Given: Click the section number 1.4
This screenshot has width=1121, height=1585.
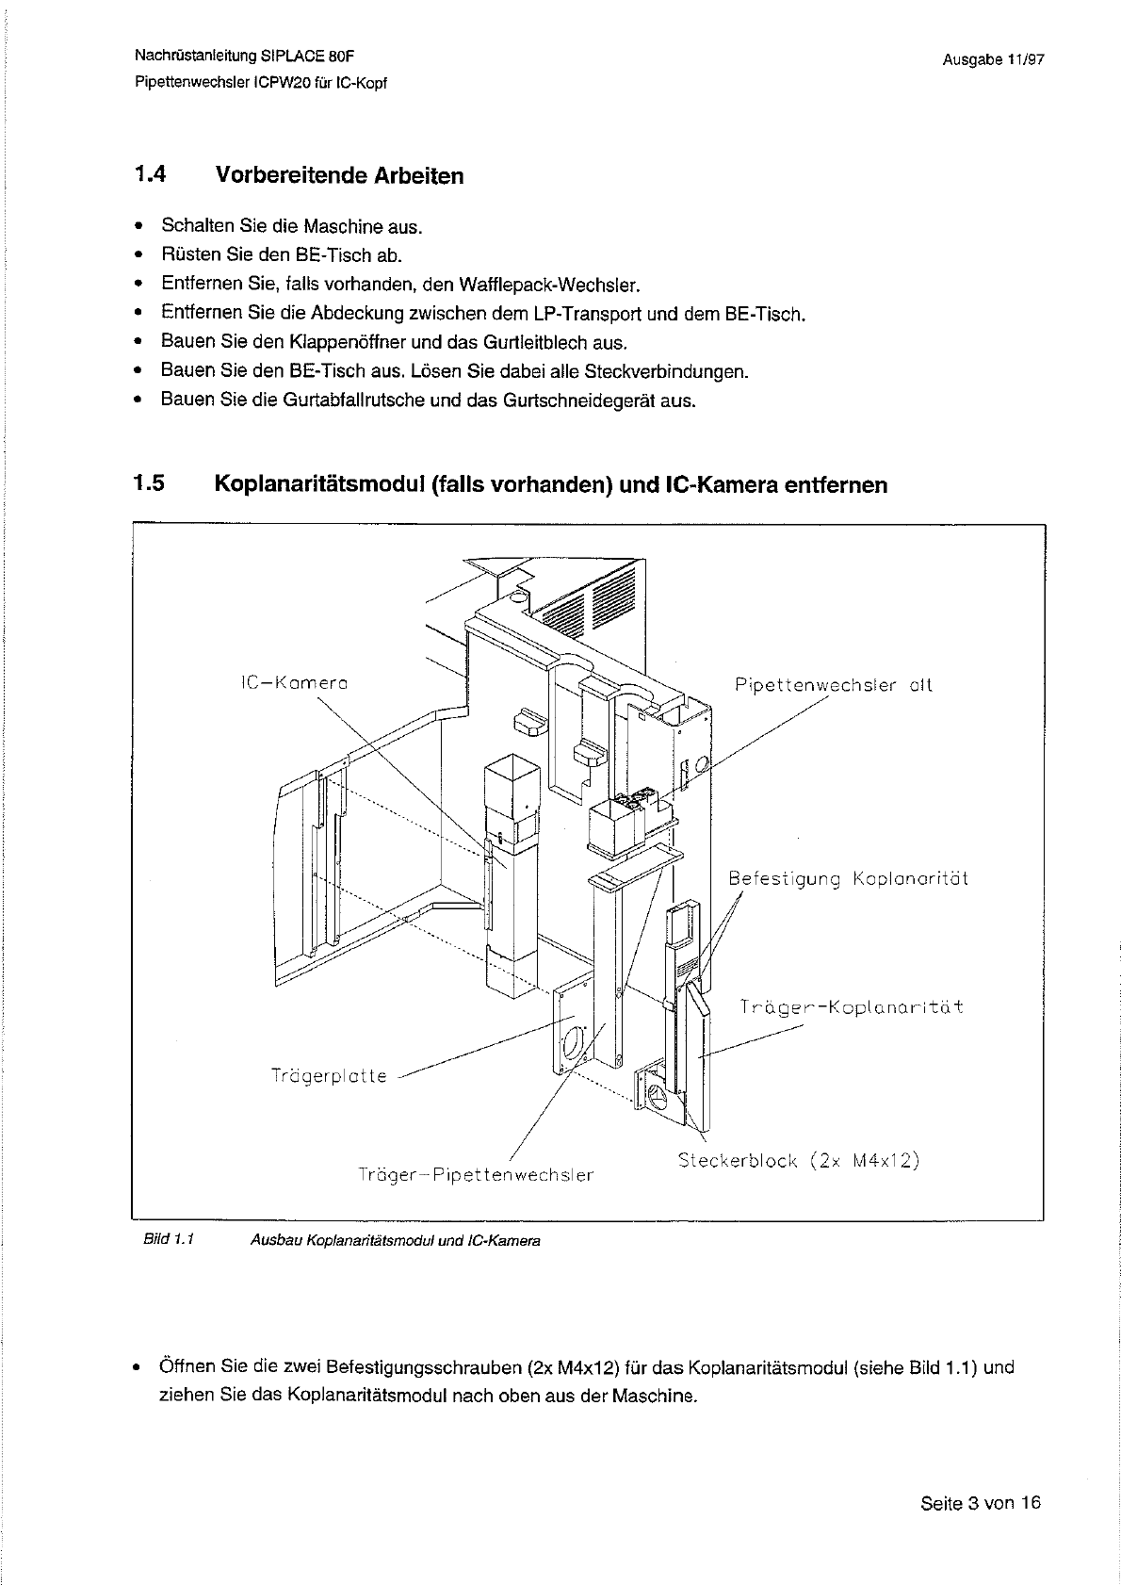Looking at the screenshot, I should coord(150,175).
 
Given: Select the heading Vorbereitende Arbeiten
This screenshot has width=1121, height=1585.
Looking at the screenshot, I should coord(339,176).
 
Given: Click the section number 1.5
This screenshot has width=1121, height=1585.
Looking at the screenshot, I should coord(150,484).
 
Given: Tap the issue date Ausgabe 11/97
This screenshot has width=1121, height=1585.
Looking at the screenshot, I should coord(993,59).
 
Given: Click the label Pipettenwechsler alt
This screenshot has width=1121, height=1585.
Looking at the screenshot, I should coord(833,686).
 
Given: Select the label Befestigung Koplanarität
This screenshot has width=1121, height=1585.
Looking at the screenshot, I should coord(848,879).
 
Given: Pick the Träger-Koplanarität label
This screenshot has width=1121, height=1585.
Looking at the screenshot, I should coord(851,1006).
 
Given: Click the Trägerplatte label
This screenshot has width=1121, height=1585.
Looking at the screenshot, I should coord(329,1075).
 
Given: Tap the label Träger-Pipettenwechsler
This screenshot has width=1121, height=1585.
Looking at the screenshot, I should coord(476,1175).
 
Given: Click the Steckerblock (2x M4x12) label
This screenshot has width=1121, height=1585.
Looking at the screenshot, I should coord(798,1160).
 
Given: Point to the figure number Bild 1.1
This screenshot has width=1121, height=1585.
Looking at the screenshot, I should coord(169,1240).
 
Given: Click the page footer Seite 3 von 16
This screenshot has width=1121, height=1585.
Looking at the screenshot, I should coord(981,1503).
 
